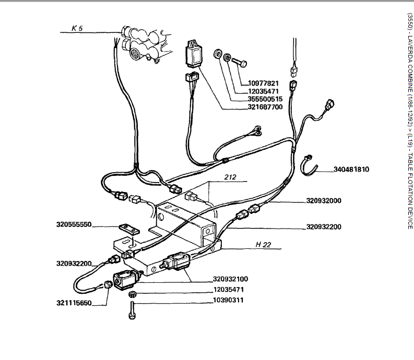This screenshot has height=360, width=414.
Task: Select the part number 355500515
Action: [265, 99]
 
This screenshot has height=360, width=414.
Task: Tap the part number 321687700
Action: [265, 107]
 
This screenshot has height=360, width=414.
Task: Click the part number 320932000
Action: [325, 201]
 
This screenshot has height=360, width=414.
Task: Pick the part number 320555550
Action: [74, 225]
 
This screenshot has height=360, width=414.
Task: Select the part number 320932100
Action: [230, 279]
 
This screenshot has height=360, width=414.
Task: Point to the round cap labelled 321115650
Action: [107, 285]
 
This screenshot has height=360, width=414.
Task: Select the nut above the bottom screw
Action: [132, 295]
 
